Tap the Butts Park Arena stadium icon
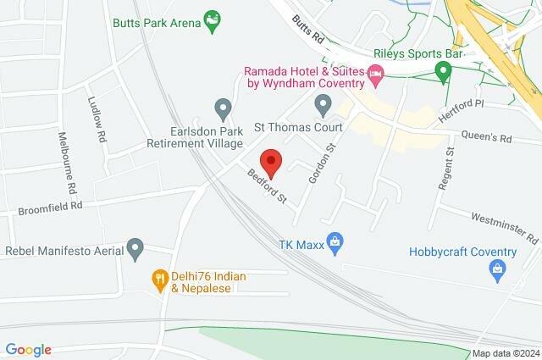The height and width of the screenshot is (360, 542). pyautogui.click(x=213, y=19)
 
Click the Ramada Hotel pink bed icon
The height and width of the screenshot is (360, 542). pyautogui.click(x=377, y=79)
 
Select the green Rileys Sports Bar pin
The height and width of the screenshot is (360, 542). pyautogui.click(x=442, y=71)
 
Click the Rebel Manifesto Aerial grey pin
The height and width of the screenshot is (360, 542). pyautogui.click(x=135, y=249)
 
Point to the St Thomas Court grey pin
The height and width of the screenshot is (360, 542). pyautogui.click(x=322, y=105)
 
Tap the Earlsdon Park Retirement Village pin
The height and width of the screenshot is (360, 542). pyautogui.click(x=223, y=108)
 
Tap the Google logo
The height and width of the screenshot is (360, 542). pyautogui.click(x=29, y=350)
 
